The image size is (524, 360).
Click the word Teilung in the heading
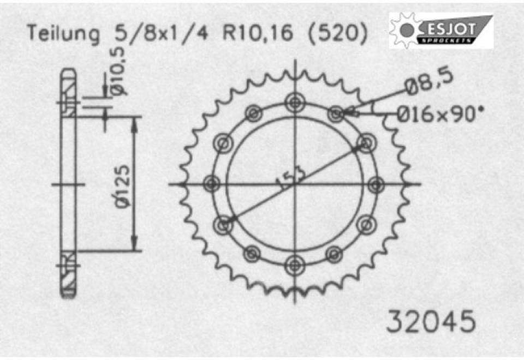point(64,34)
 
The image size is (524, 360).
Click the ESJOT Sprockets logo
point(441,31)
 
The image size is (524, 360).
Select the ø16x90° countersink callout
point(439,114)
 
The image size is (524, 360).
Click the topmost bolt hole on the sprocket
point(295,101)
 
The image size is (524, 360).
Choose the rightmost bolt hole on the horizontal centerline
point(376,184)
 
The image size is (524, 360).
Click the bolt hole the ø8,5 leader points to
point(336,113)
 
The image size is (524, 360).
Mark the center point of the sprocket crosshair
point(295,184)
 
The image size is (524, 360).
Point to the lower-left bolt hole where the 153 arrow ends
point(223,224)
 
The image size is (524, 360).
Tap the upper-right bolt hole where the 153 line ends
point(366,143)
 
